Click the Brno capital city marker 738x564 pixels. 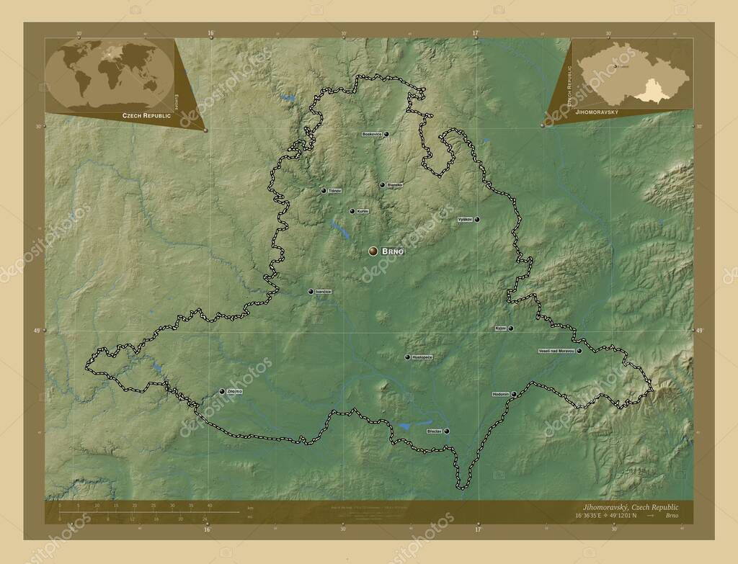coord(373,251)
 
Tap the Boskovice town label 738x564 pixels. coord(372,135)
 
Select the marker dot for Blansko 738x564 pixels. coord(382,185)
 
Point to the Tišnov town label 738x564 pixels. coord(334,191)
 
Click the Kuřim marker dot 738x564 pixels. coord(352,211)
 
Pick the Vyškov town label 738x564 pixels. coord(465,219)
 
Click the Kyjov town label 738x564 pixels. coord(500,328)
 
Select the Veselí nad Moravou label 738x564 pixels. coord(556,352)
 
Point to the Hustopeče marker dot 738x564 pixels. coord(407,357)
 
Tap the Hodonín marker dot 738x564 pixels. coord(513,394)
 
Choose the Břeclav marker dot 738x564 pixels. coord(447,431)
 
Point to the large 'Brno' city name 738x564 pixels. coord(393,251)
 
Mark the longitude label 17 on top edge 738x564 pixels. coord(476,33)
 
